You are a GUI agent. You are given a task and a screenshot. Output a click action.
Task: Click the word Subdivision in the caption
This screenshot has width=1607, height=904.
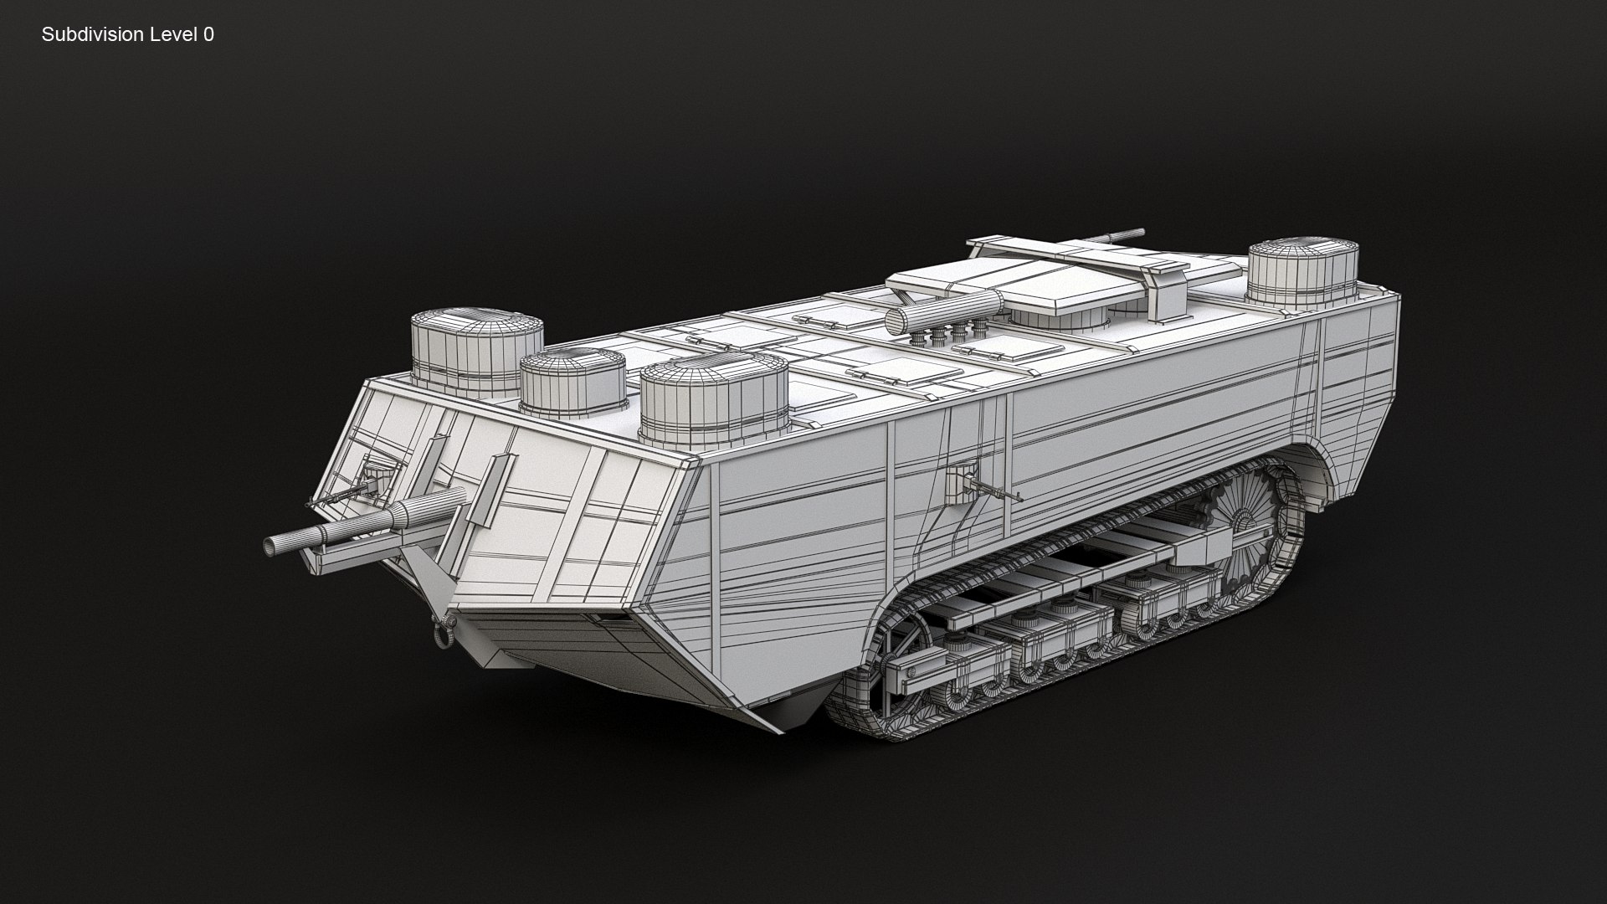click(x=90, y=34)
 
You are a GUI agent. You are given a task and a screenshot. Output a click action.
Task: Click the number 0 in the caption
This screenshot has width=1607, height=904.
click(x=208, y=34)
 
